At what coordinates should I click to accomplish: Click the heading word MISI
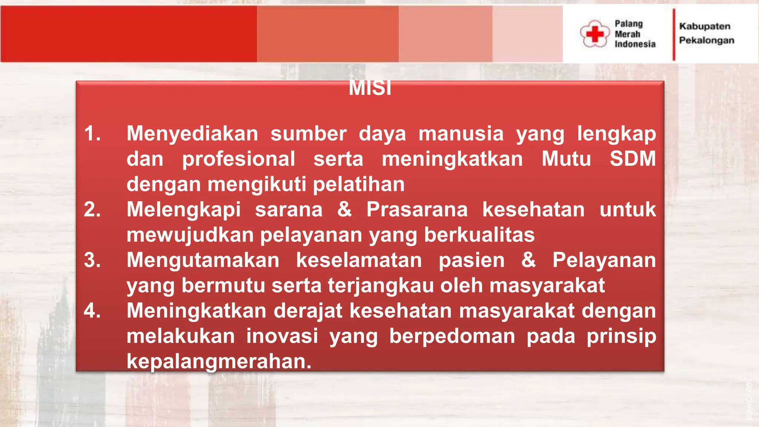370,88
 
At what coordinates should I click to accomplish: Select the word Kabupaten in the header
705,26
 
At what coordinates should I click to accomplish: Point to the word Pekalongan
706,40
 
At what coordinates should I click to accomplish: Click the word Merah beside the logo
627,34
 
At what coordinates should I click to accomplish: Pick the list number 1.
92,133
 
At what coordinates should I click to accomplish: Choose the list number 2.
92,209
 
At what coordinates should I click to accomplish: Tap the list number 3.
92,260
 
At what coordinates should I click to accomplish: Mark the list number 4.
92,311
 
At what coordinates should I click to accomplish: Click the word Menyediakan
192,133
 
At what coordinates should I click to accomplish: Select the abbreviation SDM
633,159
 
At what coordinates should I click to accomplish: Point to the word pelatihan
358,184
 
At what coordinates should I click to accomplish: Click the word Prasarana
417,209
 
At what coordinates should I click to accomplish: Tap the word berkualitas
479,235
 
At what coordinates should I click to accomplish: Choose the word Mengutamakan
203,260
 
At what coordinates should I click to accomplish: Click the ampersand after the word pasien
528,260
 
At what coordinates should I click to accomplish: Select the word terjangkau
381,285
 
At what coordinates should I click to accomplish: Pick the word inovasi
282,336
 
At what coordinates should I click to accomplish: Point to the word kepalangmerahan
219,361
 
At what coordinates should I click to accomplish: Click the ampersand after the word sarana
344,209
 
